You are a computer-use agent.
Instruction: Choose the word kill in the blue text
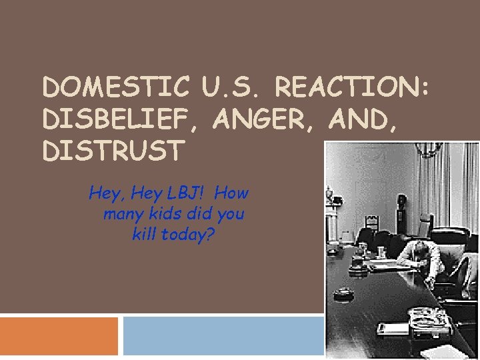[146, 235]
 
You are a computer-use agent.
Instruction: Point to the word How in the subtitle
[232, 194]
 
